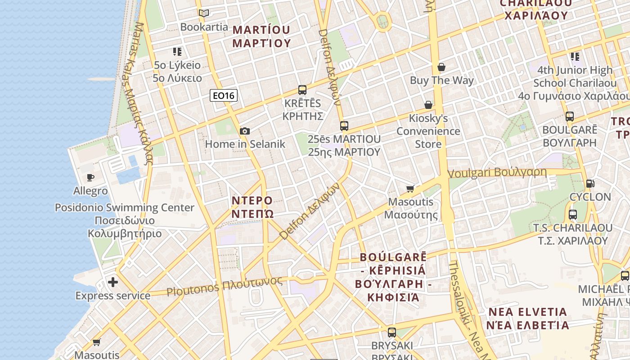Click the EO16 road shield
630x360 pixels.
coord(224,95)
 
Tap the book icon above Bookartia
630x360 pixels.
coord(204,13)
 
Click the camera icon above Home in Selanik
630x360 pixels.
coord(245,131)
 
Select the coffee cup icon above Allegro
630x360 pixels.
coord(90,177)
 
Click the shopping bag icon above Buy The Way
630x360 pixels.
coord(441,67)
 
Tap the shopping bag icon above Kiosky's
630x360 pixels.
coord(428,105)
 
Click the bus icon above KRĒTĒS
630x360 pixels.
coord(302,90)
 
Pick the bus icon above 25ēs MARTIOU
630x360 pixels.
coord(344,126)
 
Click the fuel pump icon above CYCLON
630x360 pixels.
coord(590,183)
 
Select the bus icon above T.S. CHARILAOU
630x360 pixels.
coord(573,214)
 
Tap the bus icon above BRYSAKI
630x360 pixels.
coord(392,333)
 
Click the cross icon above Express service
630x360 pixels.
coord(113,282)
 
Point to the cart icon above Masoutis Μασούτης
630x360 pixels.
coord(410,189)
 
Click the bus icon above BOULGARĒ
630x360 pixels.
coord(570,116)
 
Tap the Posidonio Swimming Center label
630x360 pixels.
coord(124,208)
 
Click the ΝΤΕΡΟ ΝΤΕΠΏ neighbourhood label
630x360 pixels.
coord(252,207)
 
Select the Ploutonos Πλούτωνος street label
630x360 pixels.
coord(225,286)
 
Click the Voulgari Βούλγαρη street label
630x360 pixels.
coord(497,172)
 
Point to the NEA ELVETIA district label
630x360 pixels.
coord(527,318)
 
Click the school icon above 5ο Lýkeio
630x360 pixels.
coord(177,52)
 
